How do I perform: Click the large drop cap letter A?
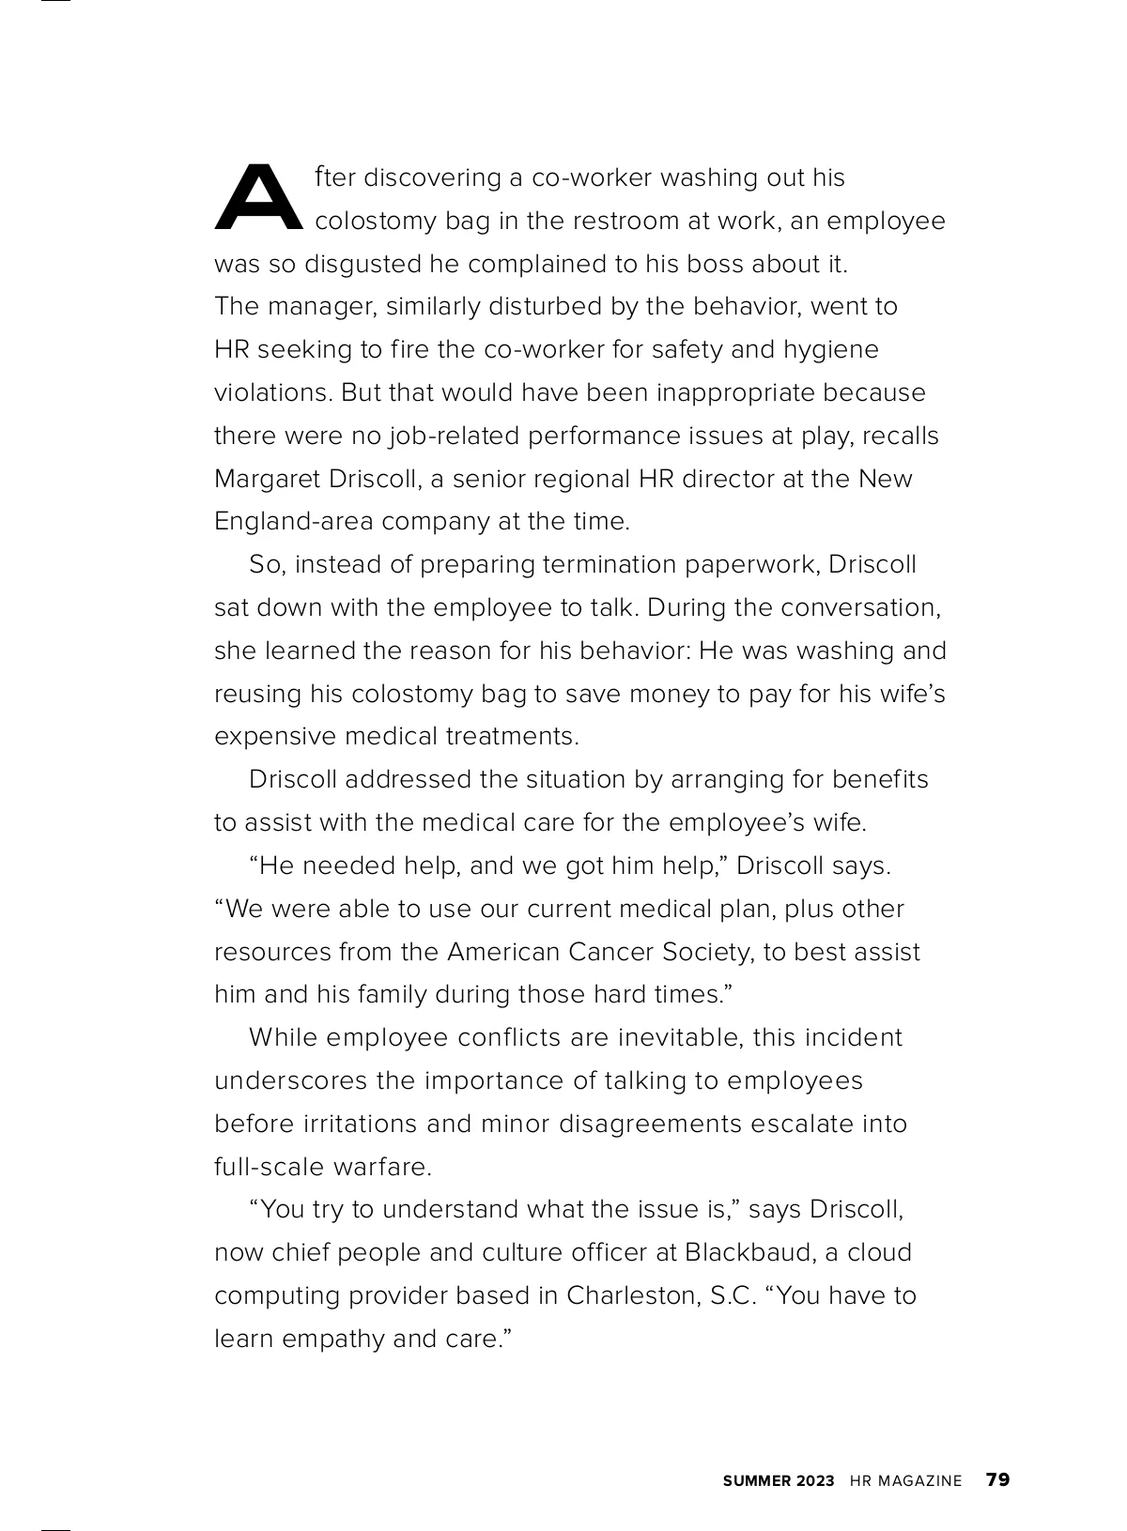tap(258, 198)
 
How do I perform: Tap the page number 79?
tap(997, 1480)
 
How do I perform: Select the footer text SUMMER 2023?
tap(778, 1481)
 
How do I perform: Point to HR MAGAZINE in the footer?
tap(905, 1481)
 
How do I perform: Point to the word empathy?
tap(334, 1339)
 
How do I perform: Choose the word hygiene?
tap(833, 350)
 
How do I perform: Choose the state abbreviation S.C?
tap(733, 1295)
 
